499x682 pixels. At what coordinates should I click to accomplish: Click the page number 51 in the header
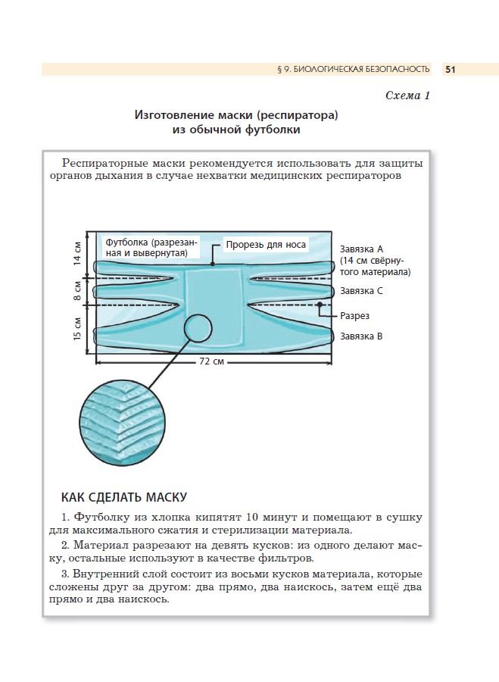pos(450,70)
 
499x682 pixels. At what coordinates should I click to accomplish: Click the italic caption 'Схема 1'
pos(407,95)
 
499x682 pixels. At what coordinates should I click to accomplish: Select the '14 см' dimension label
pos(77,253)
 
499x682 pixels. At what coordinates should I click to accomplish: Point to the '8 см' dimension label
pos(77,289)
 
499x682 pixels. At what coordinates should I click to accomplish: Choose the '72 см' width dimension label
pos(212,361)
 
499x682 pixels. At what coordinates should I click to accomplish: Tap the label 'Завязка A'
pos(362,249)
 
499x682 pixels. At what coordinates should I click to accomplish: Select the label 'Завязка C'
pos(362,290)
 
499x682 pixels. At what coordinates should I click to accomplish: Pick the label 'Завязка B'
pos(362,336)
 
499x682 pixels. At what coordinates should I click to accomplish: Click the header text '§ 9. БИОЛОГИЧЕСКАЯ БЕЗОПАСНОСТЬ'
pos(354,70)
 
